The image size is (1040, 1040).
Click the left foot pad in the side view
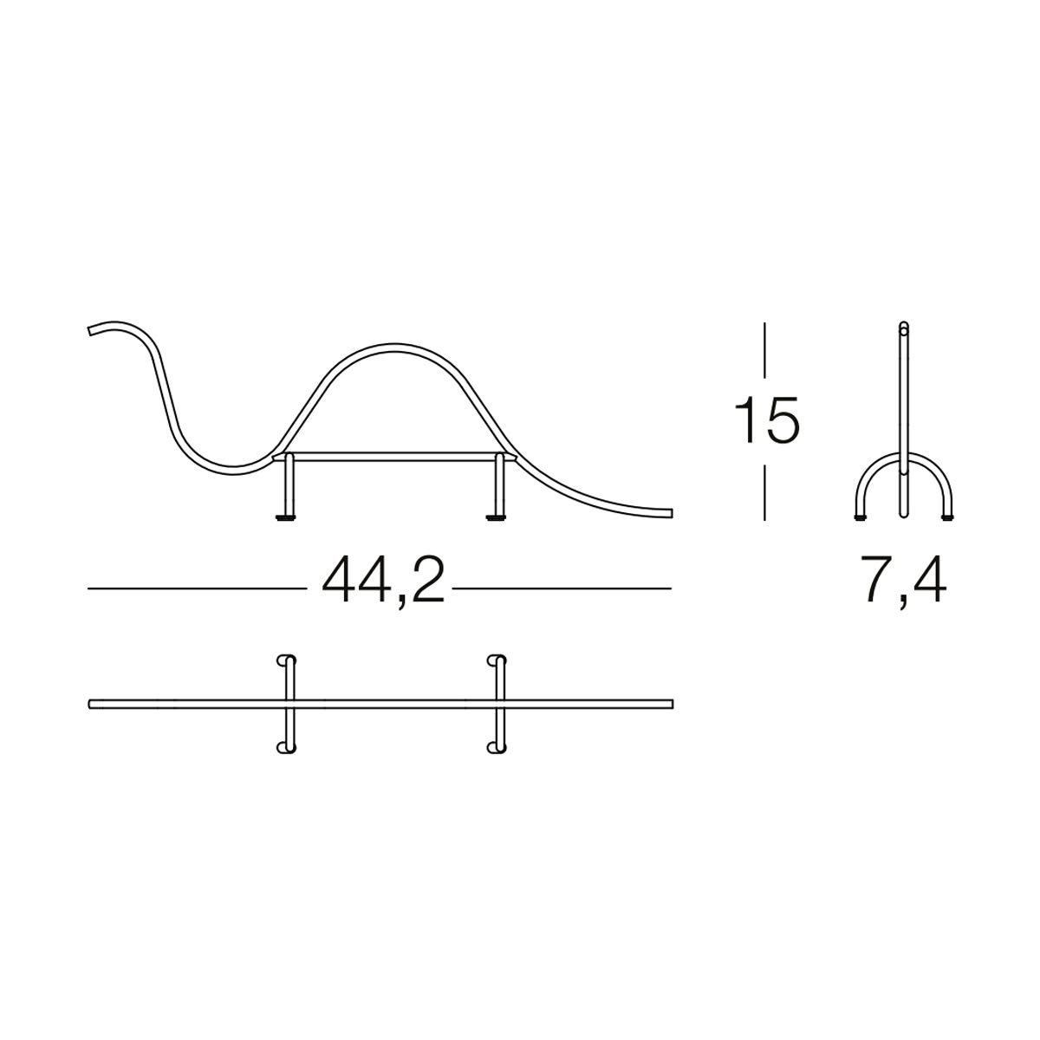point(285,518)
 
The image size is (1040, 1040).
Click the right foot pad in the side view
point(496,518)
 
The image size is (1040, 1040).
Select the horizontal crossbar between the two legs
point(394,457)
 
